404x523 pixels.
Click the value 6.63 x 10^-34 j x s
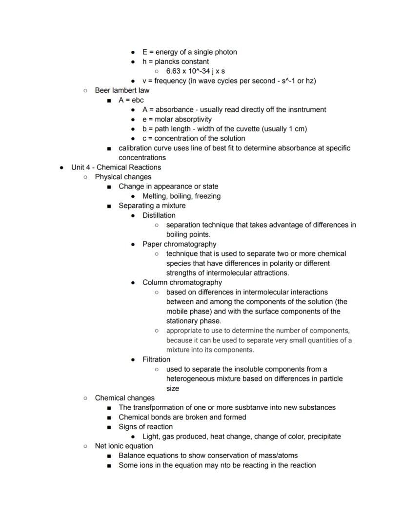(195, 71)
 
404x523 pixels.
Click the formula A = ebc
(131, 100)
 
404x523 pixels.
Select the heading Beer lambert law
(122, 90)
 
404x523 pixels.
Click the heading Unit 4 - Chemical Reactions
(116, 167)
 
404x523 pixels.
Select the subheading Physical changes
(123, 177)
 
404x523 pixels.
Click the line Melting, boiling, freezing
(181, 196)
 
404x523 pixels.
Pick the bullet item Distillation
(159, 215)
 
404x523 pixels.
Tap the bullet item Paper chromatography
(179, 244)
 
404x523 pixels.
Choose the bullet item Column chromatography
(182, 283)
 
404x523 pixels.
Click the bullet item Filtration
(156, 359)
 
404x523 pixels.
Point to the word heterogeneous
(190, 379)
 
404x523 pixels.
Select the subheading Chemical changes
(124, 398)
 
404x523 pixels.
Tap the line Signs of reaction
(145, 427)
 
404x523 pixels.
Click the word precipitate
(322, 437)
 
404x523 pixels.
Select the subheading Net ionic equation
(124, 446)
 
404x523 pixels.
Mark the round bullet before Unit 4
(61, 167)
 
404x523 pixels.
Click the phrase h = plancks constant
(175, 62)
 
